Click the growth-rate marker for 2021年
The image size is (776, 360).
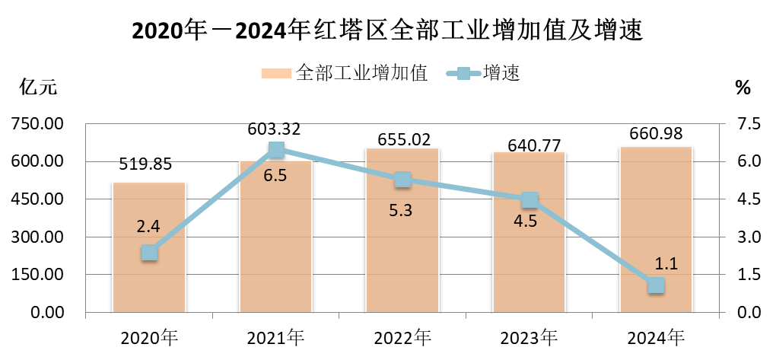click(276, 150)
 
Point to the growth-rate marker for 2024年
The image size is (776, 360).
click(656, 285)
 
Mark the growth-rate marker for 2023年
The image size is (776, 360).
click(530, 200)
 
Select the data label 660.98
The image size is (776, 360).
click(656, 134)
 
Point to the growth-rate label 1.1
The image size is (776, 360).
click(666, 264)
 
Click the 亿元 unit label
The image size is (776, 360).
click(37, 88)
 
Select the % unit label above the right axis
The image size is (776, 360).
click(743, 88)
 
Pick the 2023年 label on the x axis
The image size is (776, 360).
click(530, 336)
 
